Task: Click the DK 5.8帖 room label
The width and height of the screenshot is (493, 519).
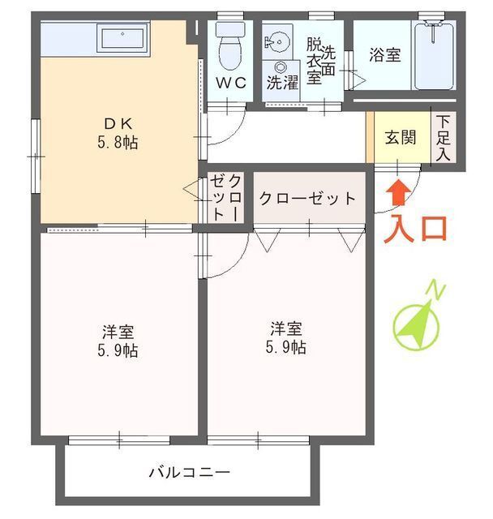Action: (x=118, y=133)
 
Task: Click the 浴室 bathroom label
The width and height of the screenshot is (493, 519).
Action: (x=385, y=55)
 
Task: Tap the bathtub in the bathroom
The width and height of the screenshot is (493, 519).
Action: (x=435, y=55)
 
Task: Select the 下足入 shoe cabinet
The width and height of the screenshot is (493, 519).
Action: (x=443, y=137)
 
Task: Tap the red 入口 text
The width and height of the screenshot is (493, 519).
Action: (x=415, y=227)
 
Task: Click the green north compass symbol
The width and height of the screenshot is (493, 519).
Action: (x=417, y=325)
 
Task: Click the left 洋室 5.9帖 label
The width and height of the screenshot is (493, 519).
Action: (x=118, y=341)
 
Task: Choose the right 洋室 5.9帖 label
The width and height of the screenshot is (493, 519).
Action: (x=287, y=338)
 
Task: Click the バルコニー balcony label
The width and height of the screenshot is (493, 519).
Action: (x=190, y=472)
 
